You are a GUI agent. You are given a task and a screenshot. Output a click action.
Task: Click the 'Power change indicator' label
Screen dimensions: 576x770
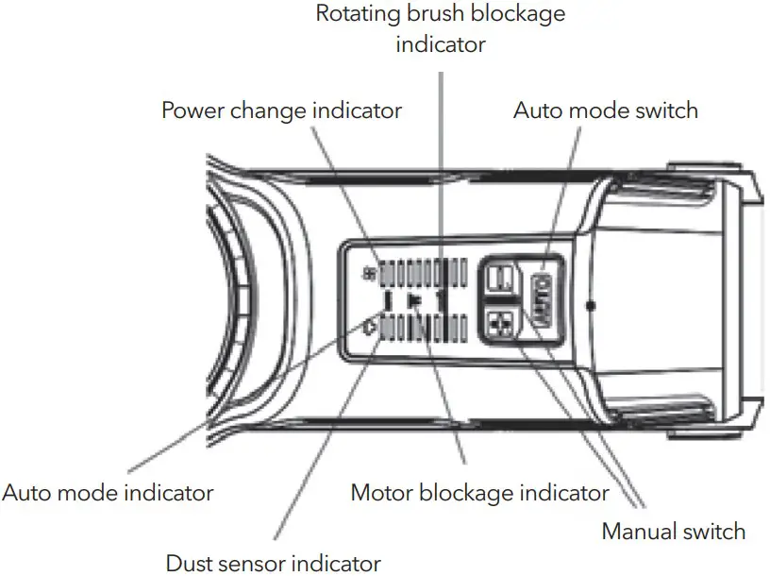point(281,110)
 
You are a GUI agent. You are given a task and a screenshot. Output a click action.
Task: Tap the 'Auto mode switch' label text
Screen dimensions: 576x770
point(605,110)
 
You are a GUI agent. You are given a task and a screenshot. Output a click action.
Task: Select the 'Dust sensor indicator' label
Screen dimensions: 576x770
point(273,564)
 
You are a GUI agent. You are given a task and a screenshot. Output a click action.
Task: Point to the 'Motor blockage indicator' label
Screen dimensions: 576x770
point(479,492)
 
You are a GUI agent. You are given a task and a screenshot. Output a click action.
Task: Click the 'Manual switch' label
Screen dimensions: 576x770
point(673,532)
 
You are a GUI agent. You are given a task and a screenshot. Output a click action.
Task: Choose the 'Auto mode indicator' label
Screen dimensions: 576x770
point(108,492)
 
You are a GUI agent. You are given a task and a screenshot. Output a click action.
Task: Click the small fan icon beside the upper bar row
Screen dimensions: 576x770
point(369,273)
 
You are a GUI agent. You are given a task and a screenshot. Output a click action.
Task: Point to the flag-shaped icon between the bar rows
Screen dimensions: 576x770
point(413,300)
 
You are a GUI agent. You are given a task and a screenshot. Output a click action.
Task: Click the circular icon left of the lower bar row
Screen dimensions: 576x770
point(369,328)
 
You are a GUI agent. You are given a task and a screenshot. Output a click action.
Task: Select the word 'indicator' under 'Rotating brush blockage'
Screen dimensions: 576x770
point(441,44)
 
